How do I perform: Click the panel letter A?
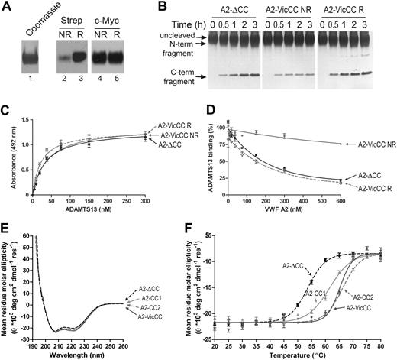[7, 7]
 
